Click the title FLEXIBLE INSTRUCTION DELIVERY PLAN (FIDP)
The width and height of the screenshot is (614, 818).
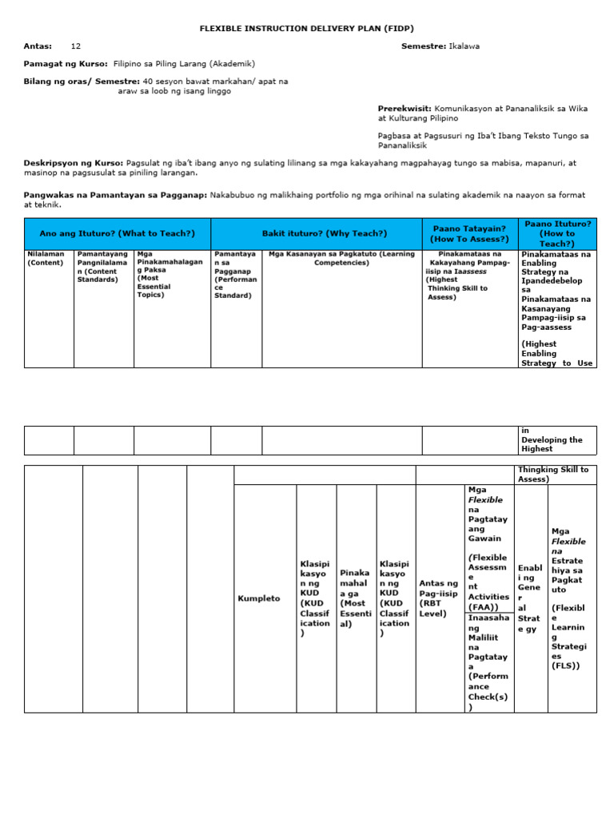307,28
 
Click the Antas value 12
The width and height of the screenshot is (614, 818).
76,46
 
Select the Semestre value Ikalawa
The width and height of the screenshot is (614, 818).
465,46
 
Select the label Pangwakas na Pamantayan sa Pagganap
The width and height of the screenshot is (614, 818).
116,195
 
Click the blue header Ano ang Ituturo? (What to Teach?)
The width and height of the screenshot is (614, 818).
118,233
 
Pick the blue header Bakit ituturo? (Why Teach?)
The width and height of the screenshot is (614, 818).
324,233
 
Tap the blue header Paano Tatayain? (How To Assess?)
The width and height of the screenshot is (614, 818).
470,233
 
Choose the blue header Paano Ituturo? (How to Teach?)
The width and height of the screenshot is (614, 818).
557,233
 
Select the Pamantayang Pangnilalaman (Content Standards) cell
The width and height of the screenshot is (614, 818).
103,267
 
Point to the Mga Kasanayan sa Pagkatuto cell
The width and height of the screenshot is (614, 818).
341,259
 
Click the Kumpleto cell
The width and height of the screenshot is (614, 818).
259,598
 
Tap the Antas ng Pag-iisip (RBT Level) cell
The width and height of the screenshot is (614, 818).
440,598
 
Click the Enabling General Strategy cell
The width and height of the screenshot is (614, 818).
530,598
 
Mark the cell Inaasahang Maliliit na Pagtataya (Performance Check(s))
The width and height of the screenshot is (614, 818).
488,662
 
